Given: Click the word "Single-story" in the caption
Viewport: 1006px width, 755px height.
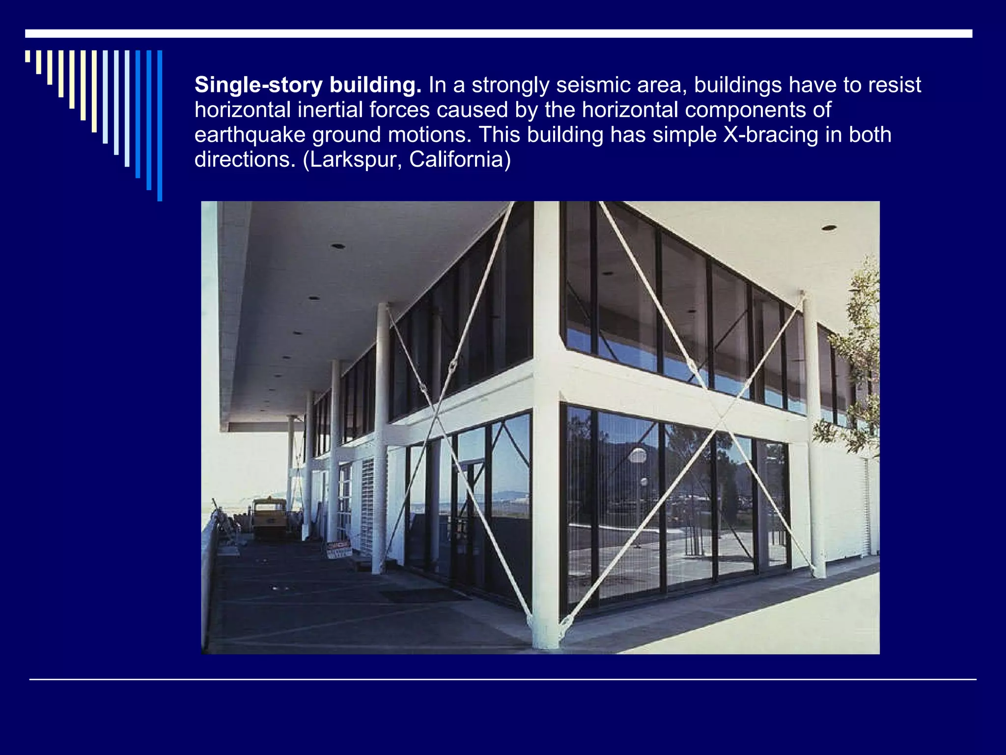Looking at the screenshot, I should pos(258,86).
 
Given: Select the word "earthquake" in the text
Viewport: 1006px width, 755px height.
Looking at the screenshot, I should pos(250,135).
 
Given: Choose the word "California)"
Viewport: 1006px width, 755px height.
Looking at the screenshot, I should pos(460,160).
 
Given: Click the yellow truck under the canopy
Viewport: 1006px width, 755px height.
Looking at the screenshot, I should pos(269,519).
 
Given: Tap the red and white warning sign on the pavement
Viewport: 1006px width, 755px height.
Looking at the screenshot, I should pos(339,549).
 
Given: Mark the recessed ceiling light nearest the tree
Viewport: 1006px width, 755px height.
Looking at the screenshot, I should pos(829,228).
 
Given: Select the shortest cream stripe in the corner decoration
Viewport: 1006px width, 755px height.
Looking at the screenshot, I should pos(28,56).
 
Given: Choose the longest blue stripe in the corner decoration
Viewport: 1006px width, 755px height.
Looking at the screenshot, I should pos(160,125).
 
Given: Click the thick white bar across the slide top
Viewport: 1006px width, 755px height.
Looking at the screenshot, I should pos(499,33).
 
